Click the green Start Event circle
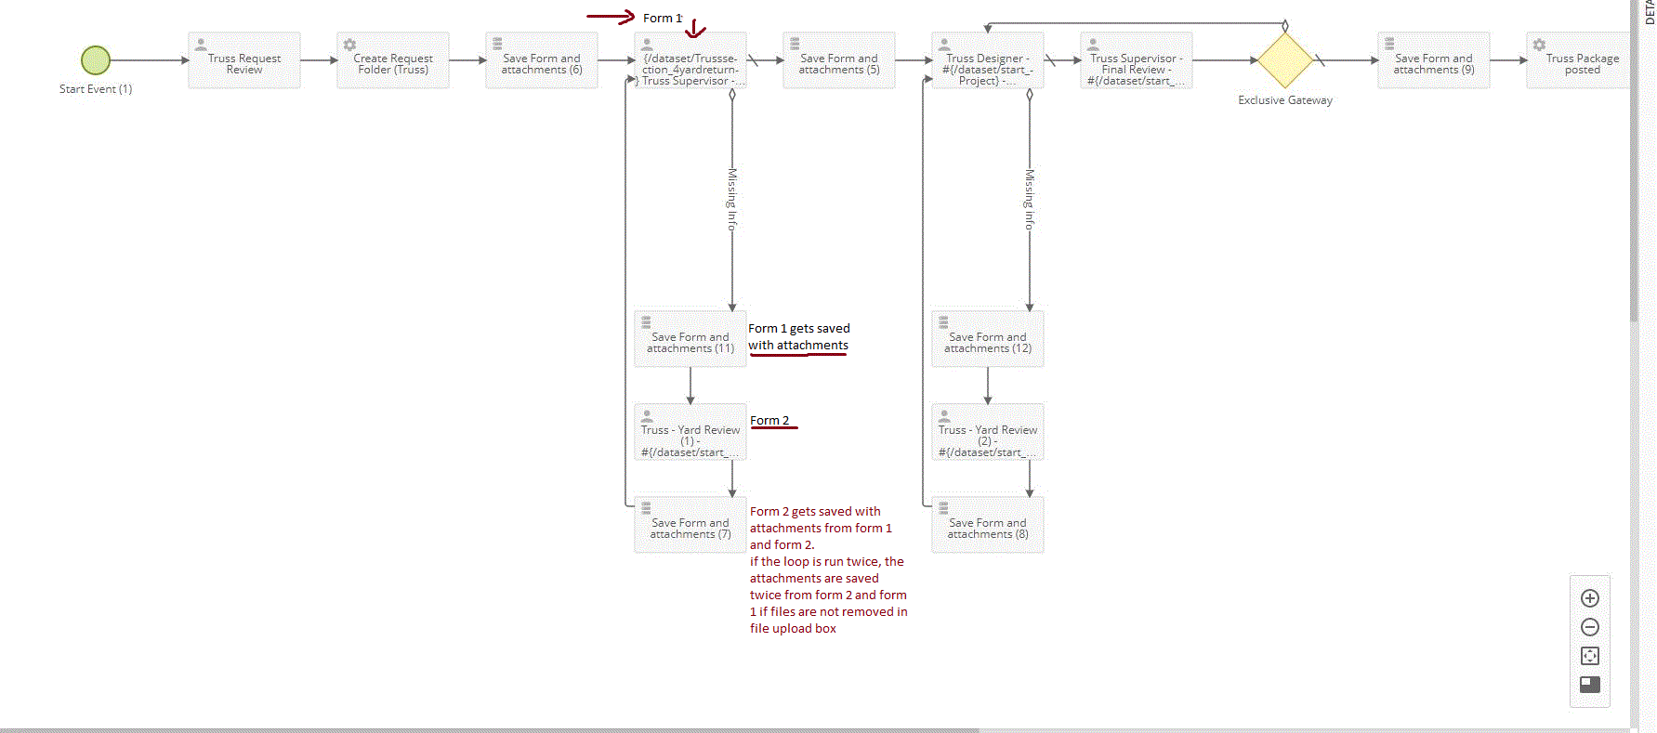(96, 60)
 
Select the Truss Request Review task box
(244, 61)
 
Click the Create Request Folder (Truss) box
(393, 61)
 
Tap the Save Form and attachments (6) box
(542, 61)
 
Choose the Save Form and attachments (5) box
(839, 61)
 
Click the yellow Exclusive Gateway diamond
(1285, 60)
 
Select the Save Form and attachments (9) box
(1434, 61)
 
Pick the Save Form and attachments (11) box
(690, 340)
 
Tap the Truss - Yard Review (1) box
(690, 433)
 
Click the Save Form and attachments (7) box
(690, 526)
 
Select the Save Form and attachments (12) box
(988, 340)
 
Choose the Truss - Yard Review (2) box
(988, 433)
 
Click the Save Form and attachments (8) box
(988, 526)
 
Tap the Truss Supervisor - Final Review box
(1137, 61)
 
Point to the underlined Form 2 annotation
(769, 421)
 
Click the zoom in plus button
(1590, 598)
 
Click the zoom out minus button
(1590, 627)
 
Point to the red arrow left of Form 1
(611, 17)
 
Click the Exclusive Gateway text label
(1285, 100)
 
